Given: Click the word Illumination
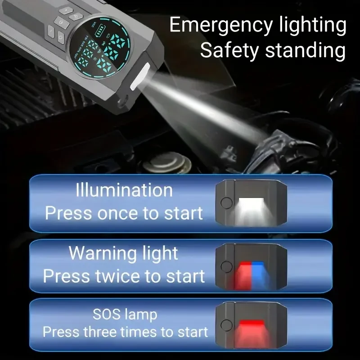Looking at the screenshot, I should [124, 190].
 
